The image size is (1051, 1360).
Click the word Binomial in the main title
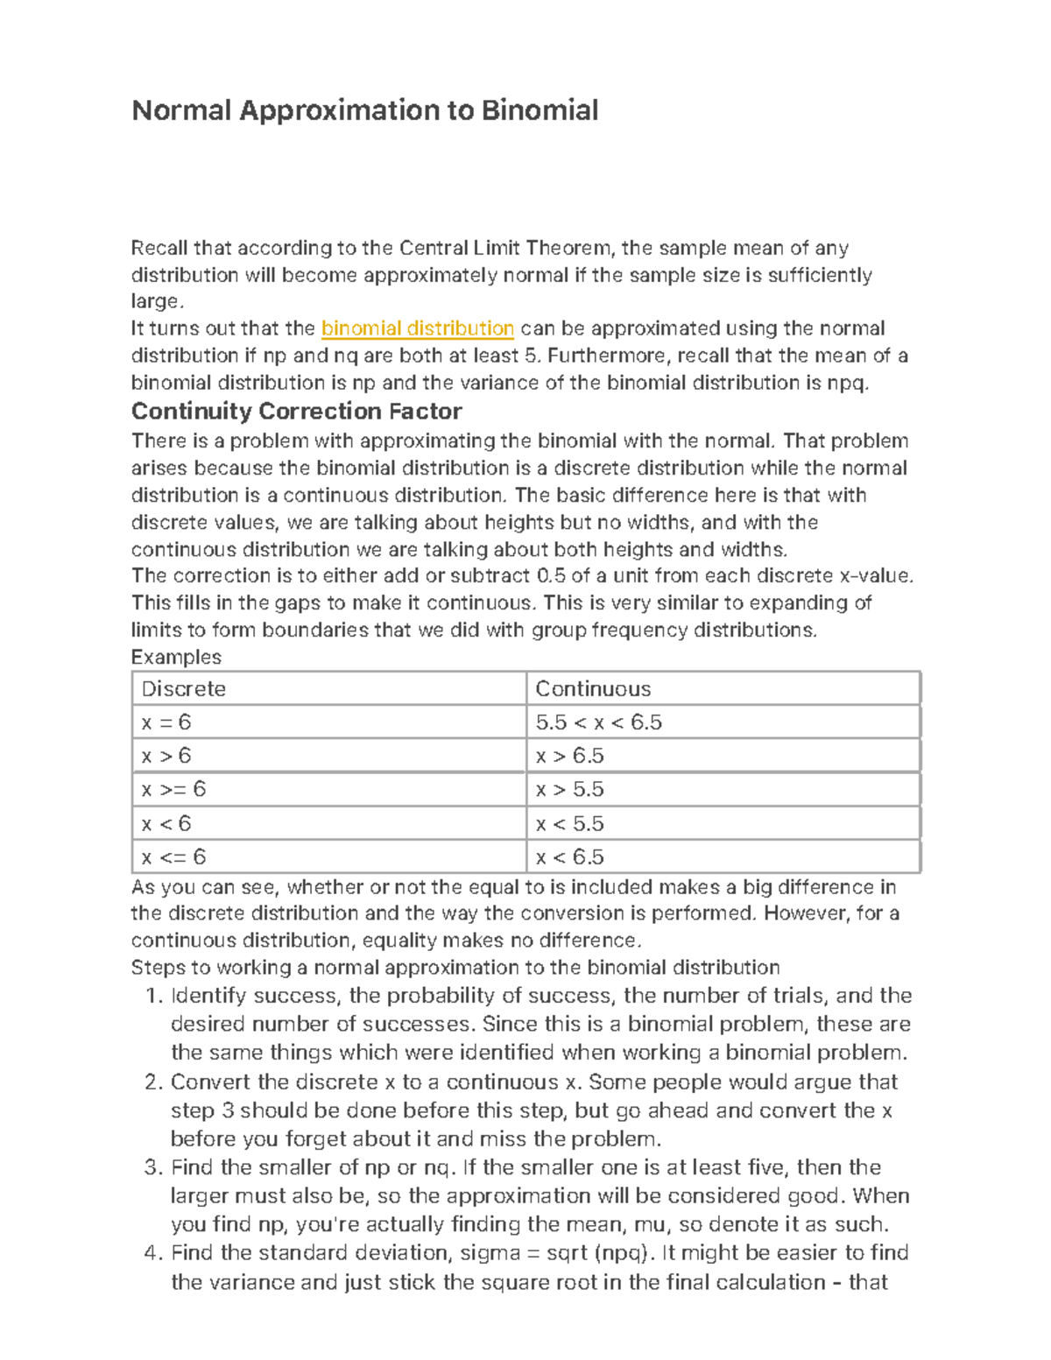pos(540,110)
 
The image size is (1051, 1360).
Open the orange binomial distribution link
pos(418,328)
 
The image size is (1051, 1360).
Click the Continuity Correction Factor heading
pos(296,411)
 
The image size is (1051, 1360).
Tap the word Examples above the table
pos(176,657)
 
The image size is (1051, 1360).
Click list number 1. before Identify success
pos(154,996)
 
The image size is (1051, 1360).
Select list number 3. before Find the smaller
pos(153,1167)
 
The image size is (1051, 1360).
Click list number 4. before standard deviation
pos(153,1253)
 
